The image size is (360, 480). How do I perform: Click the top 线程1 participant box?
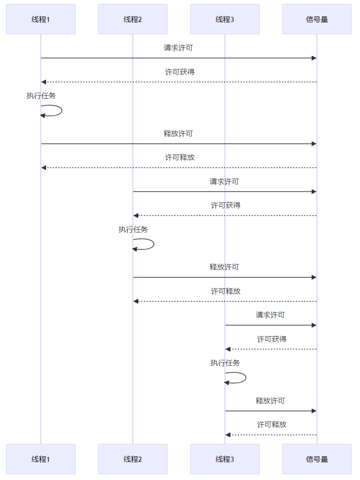pyautogui.click(x=41, y=19)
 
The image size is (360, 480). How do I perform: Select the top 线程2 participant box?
pyautogui.click(x=133, y=19)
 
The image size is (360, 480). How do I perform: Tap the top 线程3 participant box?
pyautogui.click(x=225, y=19)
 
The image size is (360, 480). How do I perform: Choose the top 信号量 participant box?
pyautogui.click(x=317, y=19)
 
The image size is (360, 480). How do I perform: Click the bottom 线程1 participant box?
pyautogui.click(x=41, y=459)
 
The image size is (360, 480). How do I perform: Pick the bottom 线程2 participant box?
pyautogui.click(x=133, y=459)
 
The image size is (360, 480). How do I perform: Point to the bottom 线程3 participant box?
pyautogui.click(x=225, y=459)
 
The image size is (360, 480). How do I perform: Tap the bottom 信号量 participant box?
pyautogui.click(x=317, y=459)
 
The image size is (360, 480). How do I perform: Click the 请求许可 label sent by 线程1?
pyautogui.click(x=178, y=48)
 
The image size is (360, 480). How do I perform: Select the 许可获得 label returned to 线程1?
pyautogui.click(x=180, y=72)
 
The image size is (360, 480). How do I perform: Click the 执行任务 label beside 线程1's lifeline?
pyautogui.click(x=41, y=96)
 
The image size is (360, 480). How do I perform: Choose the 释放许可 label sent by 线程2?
pyautogui.click(x=224, y=267)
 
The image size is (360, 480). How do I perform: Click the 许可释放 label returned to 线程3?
pyautogui.click(x=272, y=425)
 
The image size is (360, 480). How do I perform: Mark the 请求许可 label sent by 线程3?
pyautogui.click(x=271, y=315)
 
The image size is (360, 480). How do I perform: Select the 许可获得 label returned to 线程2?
pyautogui.click(x=226, y=206)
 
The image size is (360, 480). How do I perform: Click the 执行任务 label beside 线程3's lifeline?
pyautogui.click(x=225, y=363)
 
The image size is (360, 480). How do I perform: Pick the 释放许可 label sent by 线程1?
pyautogui.click(x=178, y=133)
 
